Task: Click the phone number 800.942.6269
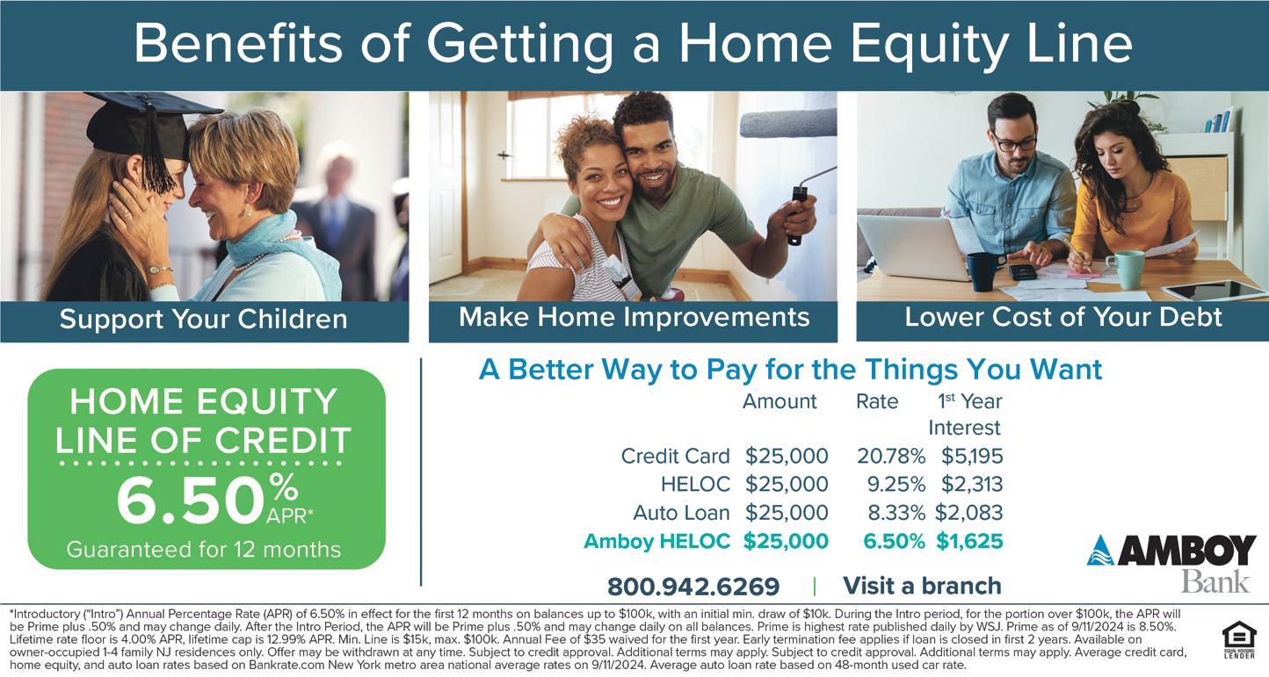(x=693, y=587)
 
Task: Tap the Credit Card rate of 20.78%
(x=891, y=457)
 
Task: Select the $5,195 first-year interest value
(x=972, y=457)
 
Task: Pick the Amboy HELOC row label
(x=657, y=541)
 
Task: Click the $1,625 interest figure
(x=969, y=541)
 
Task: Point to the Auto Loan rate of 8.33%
(x=896, y=513)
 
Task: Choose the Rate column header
(x=877, y=401)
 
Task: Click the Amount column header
(x=780, y=401)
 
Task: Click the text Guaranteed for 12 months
(x=204, y=550)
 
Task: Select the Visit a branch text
(x=922, y=586)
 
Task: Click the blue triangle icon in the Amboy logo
(x=1100, y=551)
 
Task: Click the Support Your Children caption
(x=203, y=319)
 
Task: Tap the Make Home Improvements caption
(x=634, y=317)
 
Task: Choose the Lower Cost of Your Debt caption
(x=1063, y=317)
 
